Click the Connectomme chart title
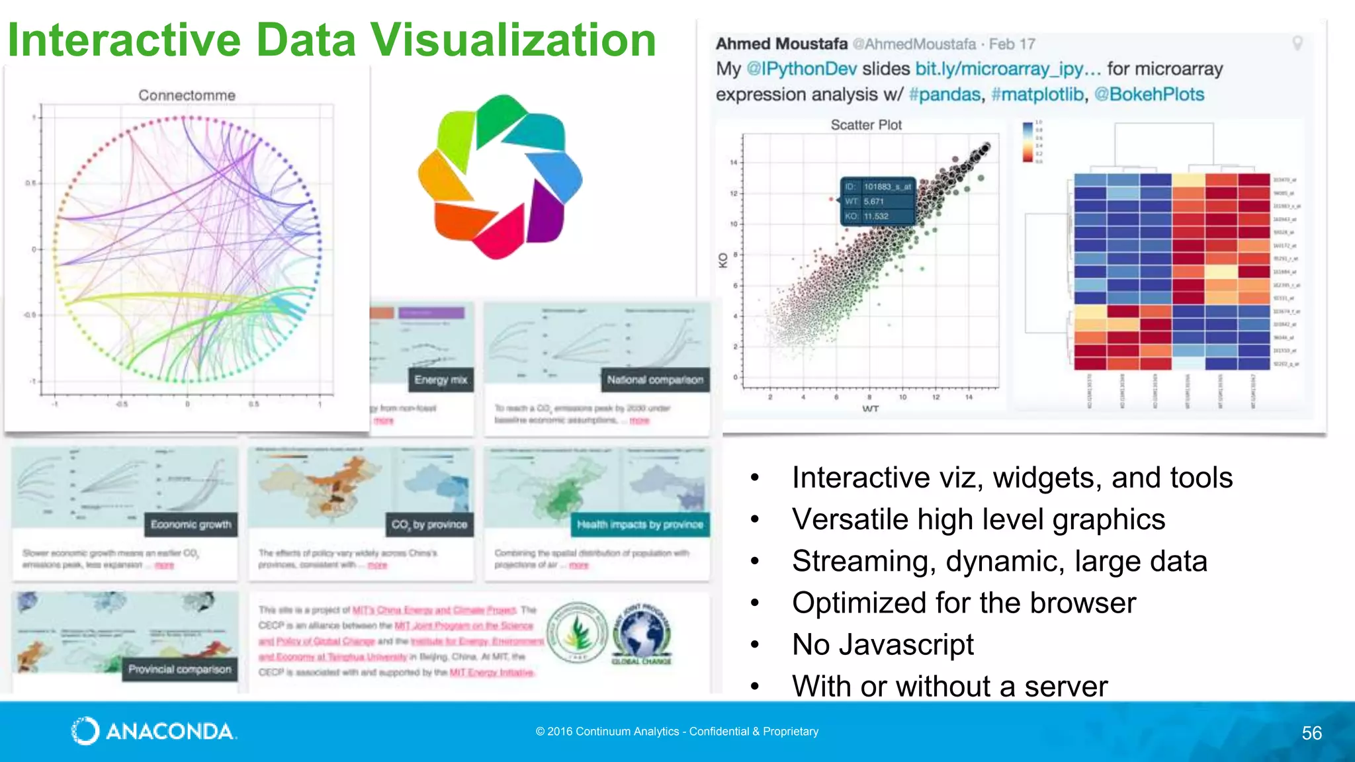187,95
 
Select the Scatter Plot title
866,125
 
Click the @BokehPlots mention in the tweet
1149,95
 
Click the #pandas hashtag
944,95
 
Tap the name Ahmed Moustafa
781,44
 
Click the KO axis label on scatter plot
723,261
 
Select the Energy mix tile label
441,380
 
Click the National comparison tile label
655,380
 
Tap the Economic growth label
191,525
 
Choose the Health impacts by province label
640,525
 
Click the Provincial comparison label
180,669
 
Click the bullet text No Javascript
883,644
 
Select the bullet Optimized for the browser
963,603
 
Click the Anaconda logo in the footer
153,731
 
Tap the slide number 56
1311,733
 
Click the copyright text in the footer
677,732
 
